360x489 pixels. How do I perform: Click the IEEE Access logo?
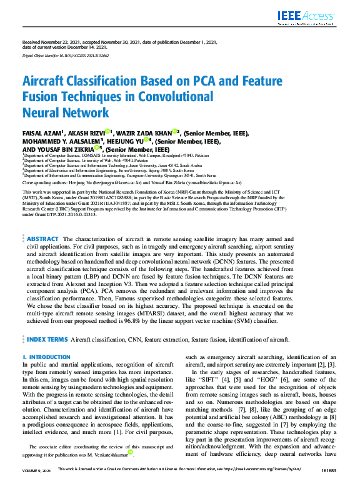click(x=315, y=16)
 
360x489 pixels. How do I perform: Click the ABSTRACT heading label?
click(x=43, y=239)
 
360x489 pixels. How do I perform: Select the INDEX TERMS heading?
click(x=47, y=339)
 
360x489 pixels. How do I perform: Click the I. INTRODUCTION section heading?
click(x=46, y=357)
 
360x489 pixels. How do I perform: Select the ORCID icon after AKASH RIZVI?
click(x=108, y=132)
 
